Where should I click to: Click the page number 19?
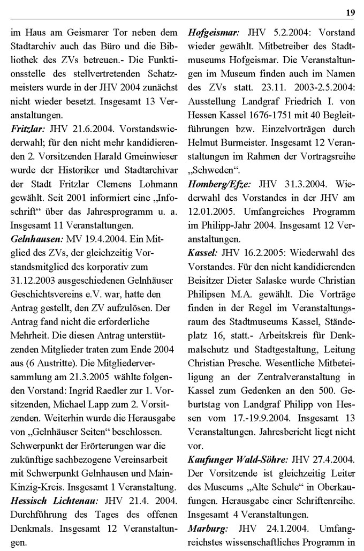click(350, 12)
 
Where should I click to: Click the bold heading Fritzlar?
click(27, 130)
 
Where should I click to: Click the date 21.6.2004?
click(85, 130)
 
